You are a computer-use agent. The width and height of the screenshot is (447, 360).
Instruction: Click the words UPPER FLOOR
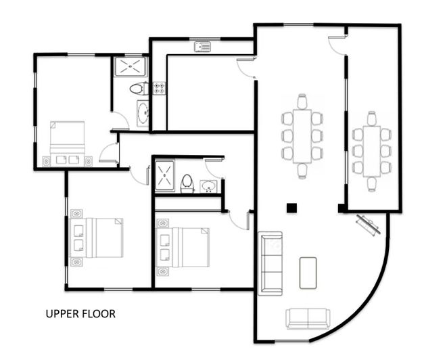80,314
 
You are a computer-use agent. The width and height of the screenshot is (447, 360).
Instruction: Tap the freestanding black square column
291,208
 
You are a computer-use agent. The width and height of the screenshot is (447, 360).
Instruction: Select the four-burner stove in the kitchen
160,88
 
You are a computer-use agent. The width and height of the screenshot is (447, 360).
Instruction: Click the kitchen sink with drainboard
202,46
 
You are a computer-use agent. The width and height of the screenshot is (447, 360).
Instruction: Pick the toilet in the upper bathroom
137,88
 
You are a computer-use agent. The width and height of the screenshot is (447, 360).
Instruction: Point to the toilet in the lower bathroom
187,183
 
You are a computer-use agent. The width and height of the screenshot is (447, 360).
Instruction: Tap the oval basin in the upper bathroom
143,114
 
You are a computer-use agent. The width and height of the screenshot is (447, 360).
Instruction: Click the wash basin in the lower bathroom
209,185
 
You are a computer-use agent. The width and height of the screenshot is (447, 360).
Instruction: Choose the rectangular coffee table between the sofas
308,272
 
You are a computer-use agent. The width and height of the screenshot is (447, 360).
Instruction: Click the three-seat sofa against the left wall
271,263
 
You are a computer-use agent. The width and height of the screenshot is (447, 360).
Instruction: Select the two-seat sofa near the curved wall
308,318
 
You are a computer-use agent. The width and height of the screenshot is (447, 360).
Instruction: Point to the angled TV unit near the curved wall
369,224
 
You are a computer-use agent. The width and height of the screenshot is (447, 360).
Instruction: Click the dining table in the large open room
302,136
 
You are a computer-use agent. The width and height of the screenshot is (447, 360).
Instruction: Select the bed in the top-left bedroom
67,141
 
